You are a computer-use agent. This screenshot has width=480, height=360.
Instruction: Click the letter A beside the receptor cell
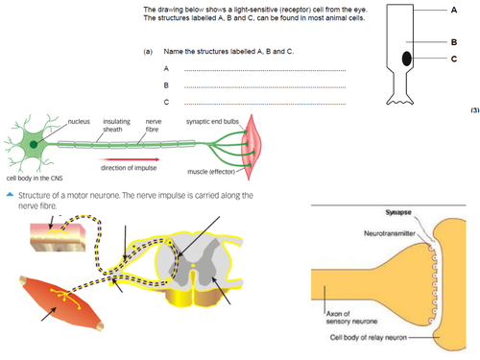click(x=453, y=9)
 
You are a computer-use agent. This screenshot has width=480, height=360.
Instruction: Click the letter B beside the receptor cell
click(x=453, y=42)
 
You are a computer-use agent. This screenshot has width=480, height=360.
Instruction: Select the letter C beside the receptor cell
click(x=453, y=60)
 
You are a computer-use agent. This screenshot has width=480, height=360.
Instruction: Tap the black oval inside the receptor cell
click(x=406, y=59)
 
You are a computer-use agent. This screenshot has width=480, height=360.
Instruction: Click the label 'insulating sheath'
click(x=116, y=126)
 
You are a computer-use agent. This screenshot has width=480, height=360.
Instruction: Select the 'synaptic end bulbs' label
click(x=212, y=122)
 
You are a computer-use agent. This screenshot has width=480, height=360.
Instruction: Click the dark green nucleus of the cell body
click(x=35, y=145)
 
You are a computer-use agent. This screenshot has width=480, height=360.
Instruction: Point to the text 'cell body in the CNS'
click(x=36, y=178)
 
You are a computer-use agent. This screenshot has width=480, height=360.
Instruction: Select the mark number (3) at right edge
click(x=473, y=110)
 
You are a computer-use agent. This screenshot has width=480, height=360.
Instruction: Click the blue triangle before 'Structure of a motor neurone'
click(x=8, y=196)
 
